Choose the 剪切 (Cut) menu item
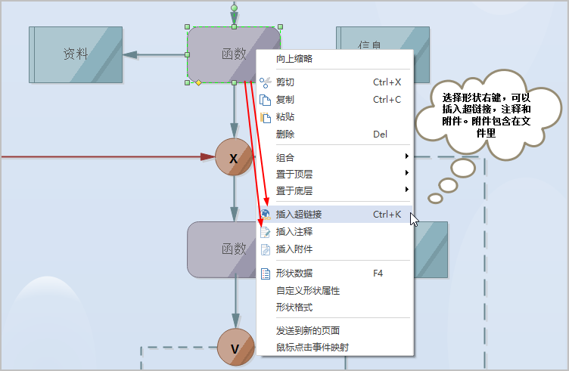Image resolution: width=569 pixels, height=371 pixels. point(284,82)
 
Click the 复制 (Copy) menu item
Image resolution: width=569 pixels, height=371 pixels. point(284,100)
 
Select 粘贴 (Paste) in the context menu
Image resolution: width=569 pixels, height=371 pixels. point(284,117)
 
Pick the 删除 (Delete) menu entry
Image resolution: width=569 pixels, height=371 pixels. point(284,134)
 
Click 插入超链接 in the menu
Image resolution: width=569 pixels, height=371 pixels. point(299,215)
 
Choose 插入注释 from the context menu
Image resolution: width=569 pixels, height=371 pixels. point(294,232)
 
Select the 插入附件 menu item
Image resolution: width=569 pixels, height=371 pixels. point(294,249)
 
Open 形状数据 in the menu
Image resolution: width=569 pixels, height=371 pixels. point(294,274)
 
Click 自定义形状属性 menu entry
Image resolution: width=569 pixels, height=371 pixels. point(308,291)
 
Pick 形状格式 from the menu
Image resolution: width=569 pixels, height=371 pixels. point(294,308)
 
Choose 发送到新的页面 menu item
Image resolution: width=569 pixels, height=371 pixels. point(308,330)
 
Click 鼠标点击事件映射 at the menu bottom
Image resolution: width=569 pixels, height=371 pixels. point(312,348)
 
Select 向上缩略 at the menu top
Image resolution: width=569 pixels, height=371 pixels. point(294,59)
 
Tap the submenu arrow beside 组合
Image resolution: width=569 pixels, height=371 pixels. point(407,156)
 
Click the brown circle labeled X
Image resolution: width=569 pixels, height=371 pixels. point(234,157)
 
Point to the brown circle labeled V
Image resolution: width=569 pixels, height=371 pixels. point(235,348)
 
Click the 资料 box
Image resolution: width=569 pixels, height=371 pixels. point(76,54)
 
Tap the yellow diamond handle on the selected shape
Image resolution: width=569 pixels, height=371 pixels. point(198,83)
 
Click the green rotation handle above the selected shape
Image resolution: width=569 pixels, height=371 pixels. point(234,8)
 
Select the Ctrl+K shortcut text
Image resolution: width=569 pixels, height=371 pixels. point(387,215)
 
